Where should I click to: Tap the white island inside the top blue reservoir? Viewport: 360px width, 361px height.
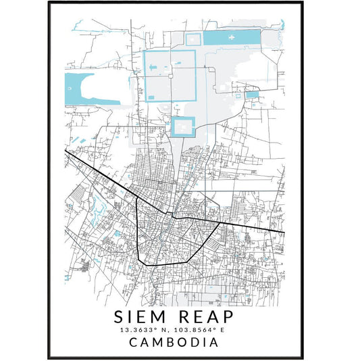pos(233,38)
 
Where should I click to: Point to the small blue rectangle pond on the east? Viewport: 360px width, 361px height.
pos(252,95)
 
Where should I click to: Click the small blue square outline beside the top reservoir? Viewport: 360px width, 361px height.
pos(194,40)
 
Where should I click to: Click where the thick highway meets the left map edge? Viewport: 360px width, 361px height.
pos(66,150)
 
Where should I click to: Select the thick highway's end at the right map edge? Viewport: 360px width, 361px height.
pos(283,233)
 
